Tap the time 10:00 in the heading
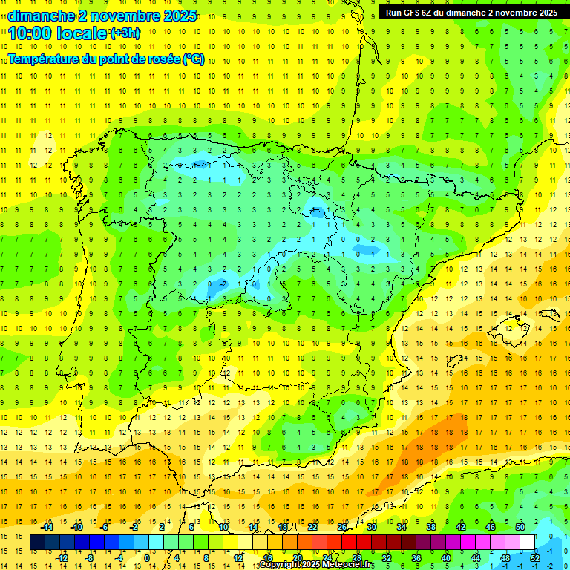34,33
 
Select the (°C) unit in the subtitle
194,59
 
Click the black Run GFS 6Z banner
471,12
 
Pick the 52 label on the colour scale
535,558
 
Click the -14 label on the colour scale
47,527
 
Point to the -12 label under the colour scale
62,558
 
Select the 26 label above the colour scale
342,527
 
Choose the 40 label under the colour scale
446,558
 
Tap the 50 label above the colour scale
520,527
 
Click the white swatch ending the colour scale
528,543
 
